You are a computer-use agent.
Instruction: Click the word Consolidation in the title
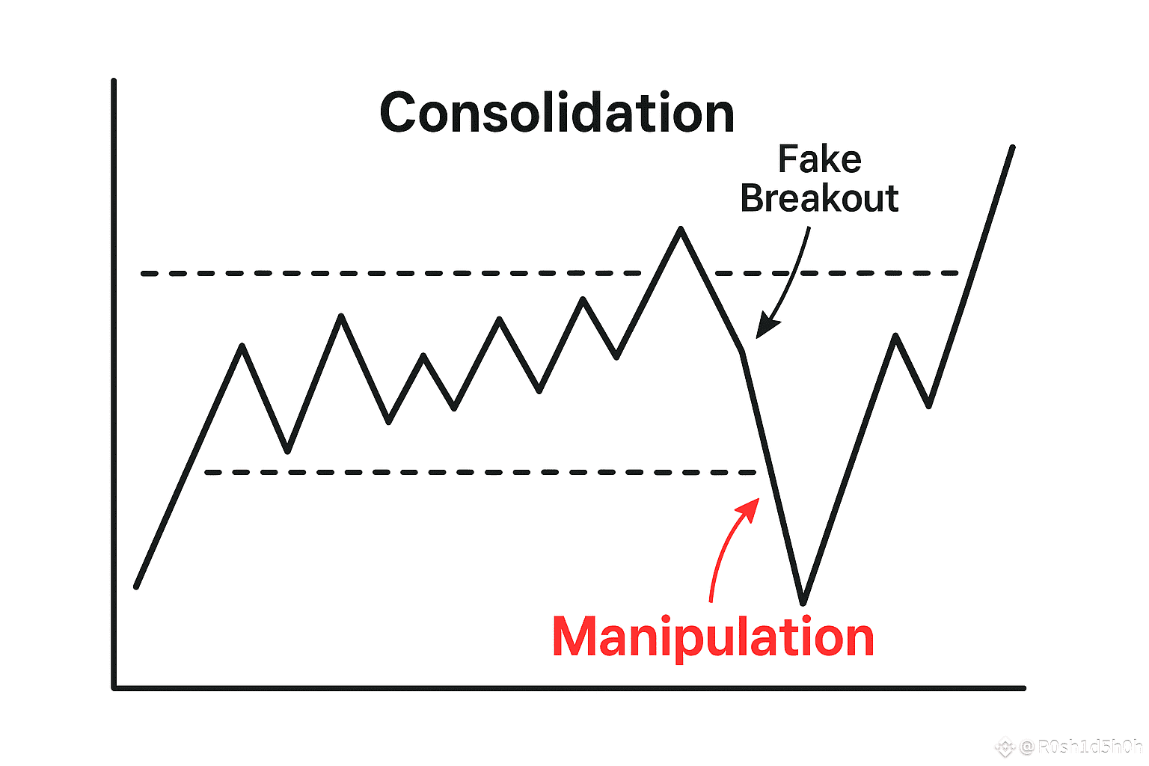click(557, 114)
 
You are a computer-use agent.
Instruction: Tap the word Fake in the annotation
click(820, 159)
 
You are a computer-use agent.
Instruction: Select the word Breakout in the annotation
click(819, 198)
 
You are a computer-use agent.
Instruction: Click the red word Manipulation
click(713, 637)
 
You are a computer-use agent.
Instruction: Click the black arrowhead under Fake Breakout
click(764, 330)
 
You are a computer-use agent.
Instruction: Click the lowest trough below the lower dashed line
click(803, 602)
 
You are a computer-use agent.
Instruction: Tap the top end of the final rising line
click(1013, 147)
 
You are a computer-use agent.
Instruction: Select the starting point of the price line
click(136, 587)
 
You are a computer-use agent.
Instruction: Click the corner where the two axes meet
click(114, 687)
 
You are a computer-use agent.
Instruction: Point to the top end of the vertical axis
click(114, 80)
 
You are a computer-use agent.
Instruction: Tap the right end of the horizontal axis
click(1023, 687)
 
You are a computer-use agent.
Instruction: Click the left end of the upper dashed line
click(144, 274)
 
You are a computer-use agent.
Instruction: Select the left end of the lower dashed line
click(207, 473)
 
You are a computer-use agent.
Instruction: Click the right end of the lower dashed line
click(754, 473)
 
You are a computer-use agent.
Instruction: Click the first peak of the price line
click(242, 346)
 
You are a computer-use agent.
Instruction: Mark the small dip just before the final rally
click(928, 406)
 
